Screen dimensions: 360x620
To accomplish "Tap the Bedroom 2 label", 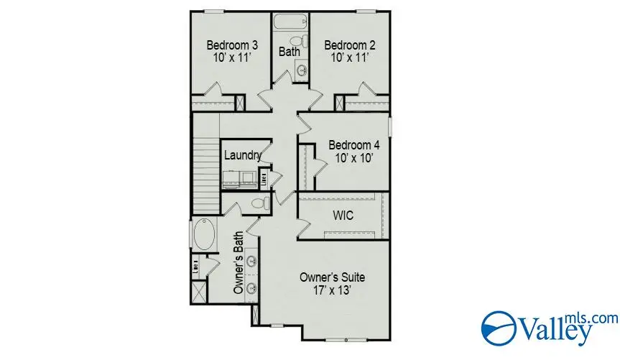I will pyautogui.click(x=349, y=45).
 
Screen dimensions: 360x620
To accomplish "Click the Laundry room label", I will pyautogui.click(x=241, y=155).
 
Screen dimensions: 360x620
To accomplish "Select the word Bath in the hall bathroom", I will pyautogui.click(x=290, y=52).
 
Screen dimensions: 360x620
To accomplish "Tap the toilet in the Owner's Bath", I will pyautogui.click(x=258, y=204).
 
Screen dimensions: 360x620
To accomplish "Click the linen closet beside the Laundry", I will pyautogui.click(x=264, y=177).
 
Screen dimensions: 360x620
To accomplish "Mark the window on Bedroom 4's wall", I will pyautogui.click(x=390, y=126).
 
